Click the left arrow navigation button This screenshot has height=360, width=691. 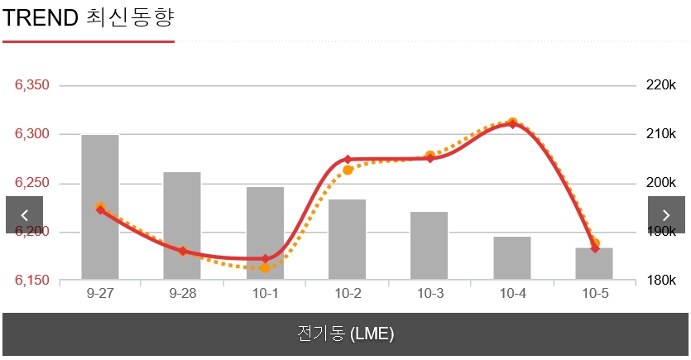(24, 214)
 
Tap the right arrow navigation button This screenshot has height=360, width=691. (666, 214)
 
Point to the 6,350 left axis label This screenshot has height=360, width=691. (32, 85)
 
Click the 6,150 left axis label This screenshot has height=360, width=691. (32, 281)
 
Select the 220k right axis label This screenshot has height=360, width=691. (661, 85)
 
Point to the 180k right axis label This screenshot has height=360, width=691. (661, 281)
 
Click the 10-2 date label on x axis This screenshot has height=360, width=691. (347, 294)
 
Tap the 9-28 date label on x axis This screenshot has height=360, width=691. (182, 294)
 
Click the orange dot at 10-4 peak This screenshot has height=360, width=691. (512, 122)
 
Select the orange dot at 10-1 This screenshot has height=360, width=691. (265, 268)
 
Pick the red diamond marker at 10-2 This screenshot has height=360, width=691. (348, 159)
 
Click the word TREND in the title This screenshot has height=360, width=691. (40, 17)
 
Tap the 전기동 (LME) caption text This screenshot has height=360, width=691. (345, 334)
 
